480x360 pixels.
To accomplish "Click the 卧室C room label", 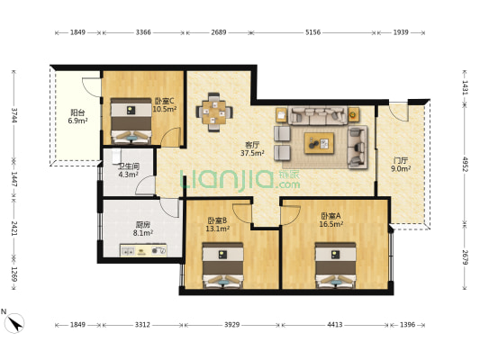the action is [x=164, y=100].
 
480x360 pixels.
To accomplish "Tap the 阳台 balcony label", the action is [x=77, y=112].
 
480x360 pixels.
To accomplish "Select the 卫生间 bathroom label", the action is [x=129, y=166].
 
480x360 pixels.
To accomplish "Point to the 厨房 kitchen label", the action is [x=142, y=225].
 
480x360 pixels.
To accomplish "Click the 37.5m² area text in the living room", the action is [x=252, y=153].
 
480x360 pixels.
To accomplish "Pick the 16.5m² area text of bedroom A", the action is [x=331, y=224].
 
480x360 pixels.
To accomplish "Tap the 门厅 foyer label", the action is [x=401, y=160].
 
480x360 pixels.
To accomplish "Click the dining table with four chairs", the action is [x=214, y=112].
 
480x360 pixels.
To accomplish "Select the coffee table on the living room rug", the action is [x=319, y=143].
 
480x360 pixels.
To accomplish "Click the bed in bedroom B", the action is [x=222, y=265].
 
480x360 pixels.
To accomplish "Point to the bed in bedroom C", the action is [x=131, y=121].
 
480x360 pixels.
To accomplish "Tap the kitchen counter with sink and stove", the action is [x=143, y=250].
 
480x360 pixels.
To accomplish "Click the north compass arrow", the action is [x=15, y=323].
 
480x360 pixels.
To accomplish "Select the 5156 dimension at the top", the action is [x=312, y=32].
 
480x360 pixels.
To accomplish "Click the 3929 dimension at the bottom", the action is [x=231, y=325].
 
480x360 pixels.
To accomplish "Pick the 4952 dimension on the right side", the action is [x=465, y=164].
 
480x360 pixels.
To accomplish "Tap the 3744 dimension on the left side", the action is [x=14, y=115].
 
